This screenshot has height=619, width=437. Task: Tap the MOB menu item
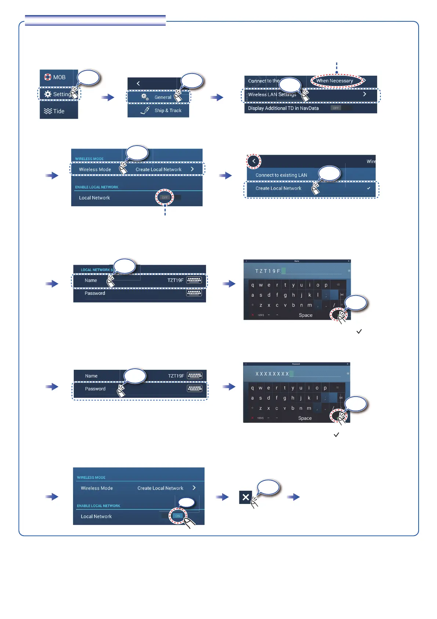coord(55,77)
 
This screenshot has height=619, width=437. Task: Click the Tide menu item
coord(54,111)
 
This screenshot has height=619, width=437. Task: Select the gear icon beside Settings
coord(48,94)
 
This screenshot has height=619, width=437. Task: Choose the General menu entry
coord(163,97)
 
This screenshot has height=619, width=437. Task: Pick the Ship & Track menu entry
coord(168,110)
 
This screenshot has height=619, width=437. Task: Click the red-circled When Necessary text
coord(335,81)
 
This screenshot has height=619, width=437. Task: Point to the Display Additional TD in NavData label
coord(283,108)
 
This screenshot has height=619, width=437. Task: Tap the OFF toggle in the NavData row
coord(336,108)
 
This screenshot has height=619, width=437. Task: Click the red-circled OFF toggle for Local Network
coord(165,198)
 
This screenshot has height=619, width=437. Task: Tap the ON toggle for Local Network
coord(177,516)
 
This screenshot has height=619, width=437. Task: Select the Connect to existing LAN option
coord(281,175)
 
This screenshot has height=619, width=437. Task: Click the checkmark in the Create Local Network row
coord(368,188)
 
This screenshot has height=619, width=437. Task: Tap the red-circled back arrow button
coord(254,161)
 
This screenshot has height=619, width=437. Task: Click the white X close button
coord(246,497)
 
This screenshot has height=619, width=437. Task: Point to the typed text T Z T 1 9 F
coord(268,271)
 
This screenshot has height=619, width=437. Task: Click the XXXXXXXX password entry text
coord(272,374)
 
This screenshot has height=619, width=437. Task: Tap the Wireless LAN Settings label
coord(272,94)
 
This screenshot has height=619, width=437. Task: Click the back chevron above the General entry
coord(138,83)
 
